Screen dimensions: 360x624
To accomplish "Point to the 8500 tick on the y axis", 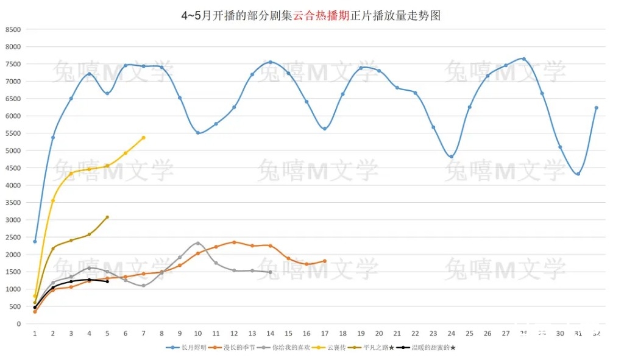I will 13,29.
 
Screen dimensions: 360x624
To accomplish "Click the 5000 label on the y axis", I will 13,150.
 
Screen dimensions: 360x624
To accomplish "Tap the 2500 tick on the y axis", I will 13,237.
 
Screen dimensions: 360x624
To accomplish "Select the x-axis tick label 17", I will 325,333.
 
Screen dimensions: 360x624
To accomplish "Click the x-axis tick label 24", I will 451,333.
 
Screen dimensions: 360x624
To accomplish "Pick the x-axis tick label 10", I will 198,333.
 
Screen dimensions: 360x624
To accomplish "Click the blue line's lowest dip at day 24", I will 451,157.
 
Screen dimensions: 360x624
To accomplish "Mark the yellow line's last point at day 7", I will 144,138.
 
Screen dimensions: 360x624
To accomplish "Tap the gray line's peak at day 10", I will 198,243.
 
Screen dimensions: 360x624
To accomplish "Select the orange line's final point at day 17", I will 325,261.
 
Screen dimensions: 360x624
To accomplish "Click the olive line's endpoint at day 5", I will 107,217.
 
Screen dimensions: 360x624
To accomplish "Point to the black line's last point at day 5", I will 107,281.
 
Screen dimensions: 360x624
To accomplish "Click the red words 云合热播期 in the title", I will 321,16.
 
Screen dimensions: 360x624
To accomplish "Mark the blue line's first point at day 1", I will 35,241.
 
